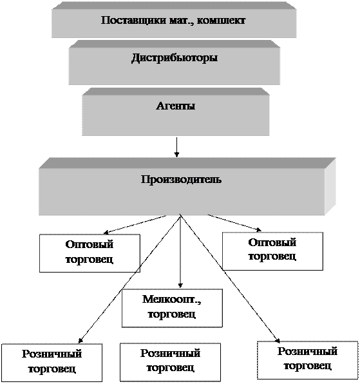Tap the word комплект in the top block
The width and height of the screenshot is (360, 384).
tap(221, 21)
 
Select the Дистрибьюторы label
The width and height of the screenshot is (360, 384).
tap(175, 58)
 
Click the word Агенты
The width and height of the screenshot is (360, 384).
tap(176, 106)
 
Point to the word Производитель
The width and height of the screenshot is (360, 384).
tap(182, 180)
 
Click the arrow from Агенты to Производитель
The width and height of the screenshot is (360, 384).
tap(176, 147)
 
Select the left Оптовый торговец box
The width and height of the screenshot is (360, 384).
tap(90, 253)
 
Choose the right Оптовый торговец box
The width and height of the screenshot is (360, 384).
tap(272, 251)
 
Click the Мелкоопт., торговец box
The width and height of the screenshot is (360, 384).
tap(172, 308)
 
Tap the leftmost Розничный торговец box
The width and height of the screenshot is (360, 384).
tap(52, 363)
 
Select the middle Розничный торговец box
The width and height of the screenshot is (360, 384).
tap(170, 362)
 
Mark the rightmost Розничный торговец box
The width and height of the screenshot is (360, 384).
tap(308, 360)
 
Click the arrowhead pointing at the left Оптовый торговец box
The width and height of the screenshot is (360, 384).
tap(106, 232)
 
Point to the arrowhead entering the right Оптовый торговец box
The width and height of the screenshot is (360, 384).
tap(259, 229)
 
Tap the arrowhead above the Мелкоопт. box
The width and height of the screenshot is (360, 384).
tap(180, 286)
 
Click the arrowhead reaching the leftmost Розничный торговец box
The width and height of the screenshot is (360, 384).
tap(81, 341)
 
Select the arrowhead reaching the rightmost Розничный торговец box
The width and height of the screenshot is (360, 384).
tap(278, 340)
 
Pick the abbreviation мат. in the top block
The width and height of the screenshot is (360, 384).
tap(180, 21)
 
